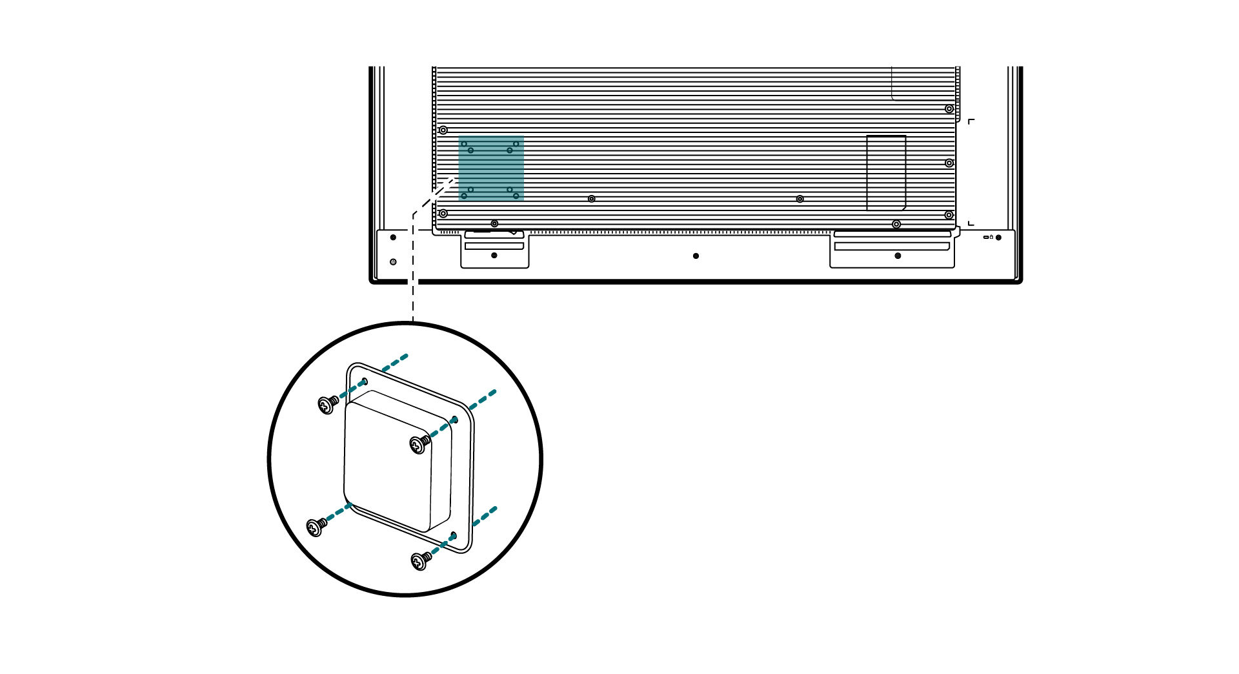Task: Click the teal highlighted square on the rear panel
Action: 491,169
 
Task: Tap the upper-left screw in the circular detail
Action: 328,405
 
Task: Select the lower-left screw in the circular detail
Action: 316,527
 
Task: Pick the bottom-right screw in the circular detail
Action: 420,561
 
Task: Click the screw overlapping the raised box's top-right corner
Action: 419,444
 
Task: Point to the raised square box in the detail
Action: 397,462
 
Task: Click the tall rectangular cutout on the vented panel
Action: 886,172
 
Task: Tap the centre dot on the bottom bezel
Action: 696,256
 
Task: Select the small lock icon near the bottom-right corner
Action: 991,237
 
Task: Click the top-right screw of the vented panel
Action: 949,109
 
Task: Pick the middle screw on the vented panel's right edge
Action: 949,163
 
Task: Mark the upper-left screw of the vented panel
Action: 443,130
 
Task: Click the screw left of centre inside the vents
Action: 591,199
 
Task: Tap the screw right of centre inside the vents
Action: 800,199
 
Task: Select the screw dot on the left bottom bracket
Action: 494,256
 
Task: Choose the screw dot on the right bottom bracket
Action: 898,256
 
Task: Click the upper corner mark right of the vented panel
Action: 971,121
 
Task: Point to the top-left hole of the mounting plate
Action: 365,381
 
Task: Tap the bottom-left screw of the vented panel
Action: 443,214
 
